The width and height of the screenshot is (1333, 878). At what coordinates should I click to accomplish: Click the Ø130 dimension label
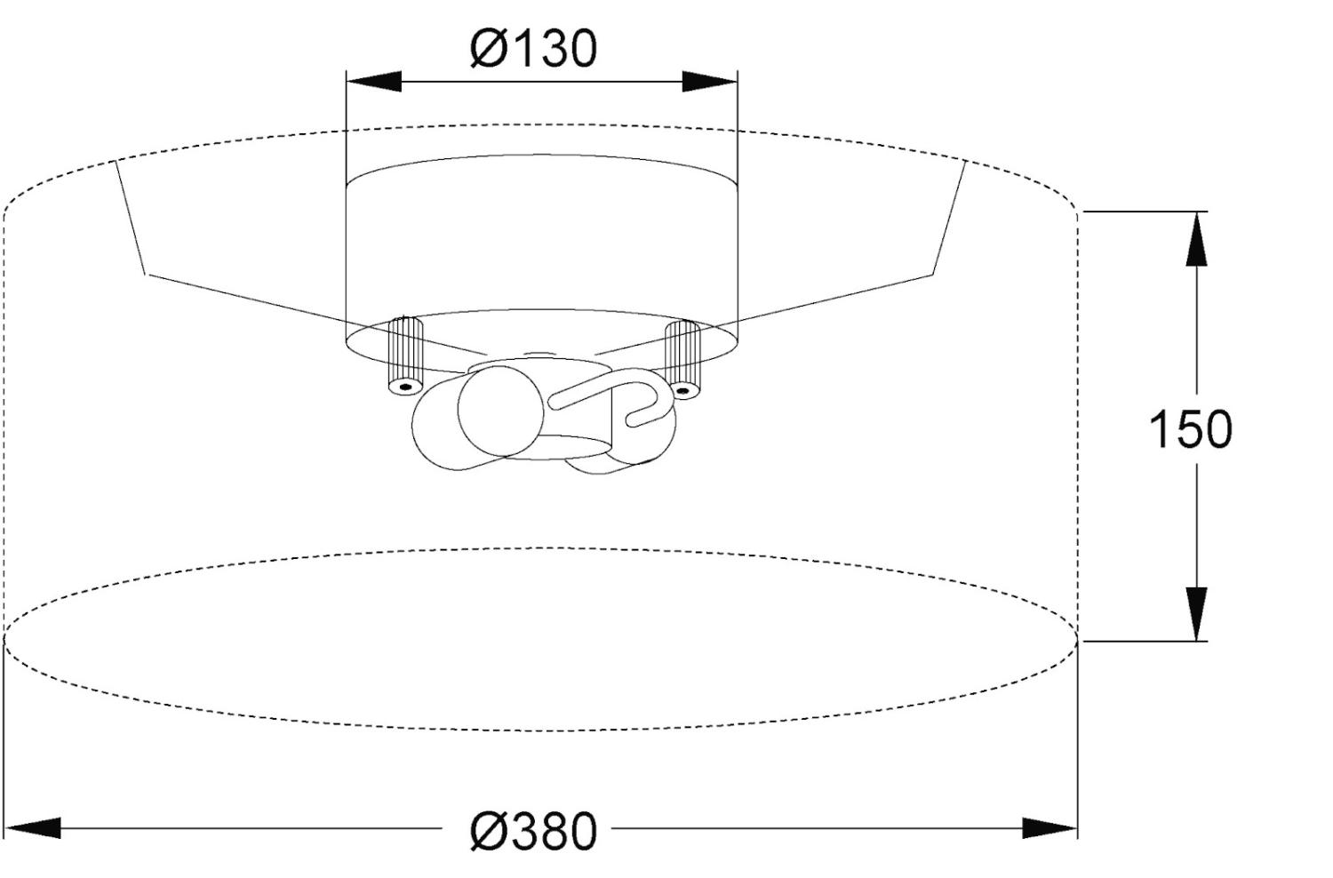tap(533, 48)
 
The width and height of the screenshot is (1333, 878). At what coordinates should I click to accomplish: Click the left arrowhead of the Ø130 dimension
tap(374, 82)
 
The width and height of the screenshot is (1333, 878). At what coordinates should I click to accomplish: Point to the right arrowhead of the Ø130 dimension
tap(709, 82)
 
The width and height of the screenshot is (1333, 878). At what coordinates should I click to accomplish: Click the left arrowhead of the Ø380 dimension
tap(33, 828)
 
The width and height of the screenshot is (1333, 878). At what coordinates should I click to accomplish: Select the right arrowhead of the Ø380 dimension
tap(1050, 828)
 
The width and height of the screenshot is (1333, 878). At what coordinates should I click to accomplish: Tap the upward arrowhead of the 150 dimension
tap(1196, 239)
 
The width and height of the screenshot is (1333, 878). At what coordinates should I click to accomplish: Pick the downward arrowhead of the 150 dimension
tap(1196, 614)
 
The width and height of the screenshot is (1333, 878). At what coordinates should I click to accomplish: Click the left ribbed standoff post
tap(405, 355)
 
